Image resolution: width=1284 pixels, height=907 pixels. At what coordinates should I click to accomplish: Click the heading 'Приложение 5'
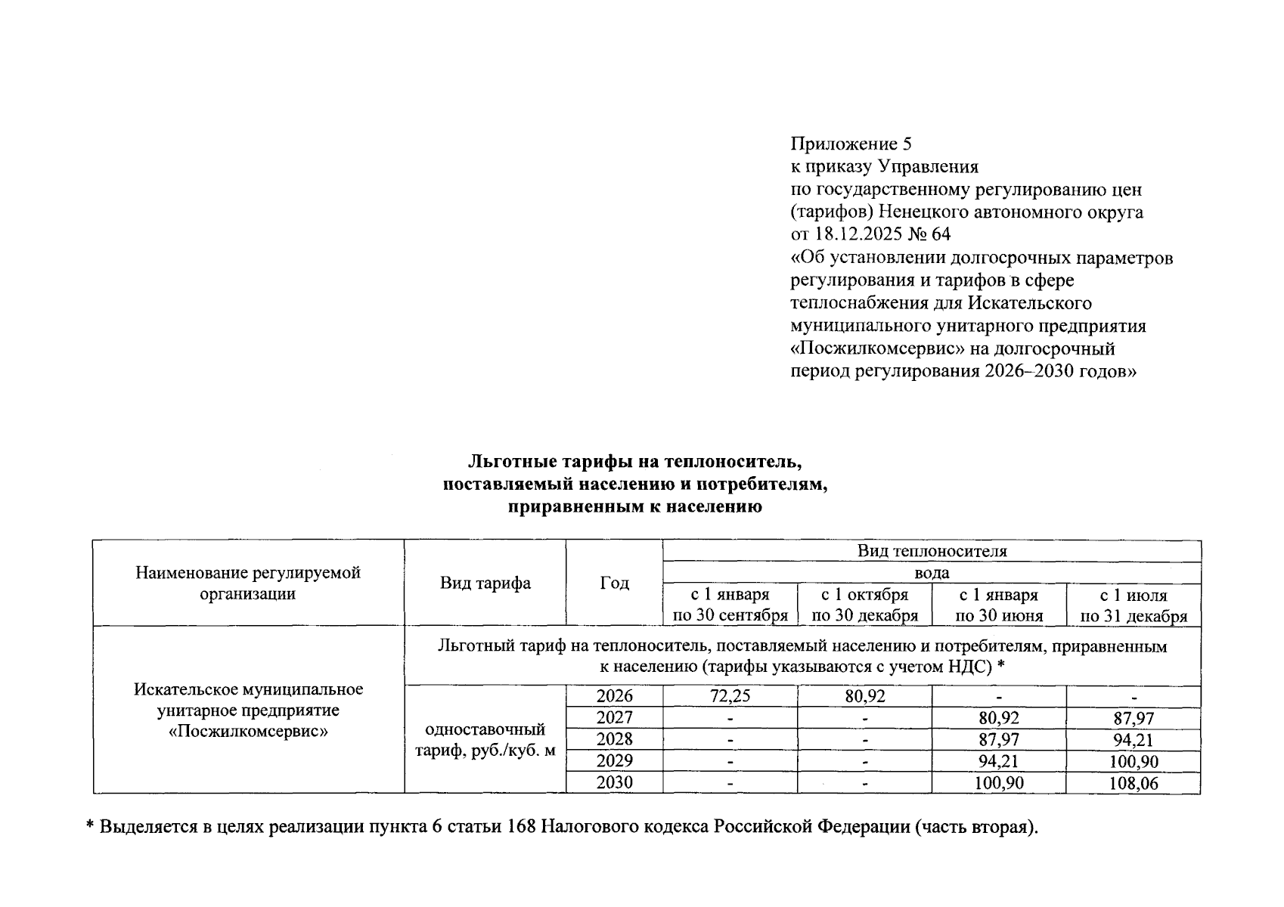851,144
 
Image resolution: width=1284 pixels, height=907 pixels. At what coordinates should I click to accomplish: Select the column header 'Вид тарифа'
485,583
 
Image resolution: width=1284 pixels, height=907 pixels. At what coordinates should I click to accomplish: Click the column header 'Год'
614,583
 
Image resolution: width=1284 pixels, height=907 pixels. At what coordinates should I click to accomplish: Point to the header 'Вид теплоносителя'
932,550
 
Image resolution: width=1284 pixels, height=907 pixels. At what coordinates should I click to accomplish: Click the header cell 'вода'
932,573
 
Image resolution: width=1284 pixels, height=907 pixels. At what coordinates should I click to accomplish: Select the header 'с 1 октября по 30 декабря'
864,605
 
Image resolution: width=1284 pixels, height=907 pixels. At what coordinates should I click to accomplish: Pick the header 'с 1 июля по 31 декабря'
1134,605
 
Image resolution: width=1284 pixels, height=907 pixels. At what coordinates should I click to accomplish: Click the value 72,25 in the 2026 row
730,696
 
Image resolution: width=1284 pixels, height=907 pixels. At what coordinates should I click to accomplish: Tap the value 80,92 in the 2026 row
864,696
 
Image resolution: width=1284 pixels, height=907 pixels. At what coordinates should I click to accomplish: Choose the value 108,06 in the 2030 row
1134,783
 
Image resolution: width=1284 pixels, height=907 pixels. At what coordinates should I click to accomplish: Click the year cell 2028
614,739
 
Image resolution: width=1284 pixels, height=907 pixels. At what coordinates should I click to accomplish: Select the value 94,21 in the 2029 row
999,761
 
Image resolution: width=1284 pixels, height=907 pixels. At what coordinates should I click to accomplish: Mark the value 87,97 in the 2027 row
1134,718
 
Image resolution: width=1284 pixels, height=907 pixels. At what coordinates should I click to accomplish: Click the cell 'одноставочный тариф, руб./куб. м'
485,740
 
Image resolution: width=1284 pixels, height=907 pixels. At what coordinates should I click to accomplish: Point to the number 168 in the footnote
522,827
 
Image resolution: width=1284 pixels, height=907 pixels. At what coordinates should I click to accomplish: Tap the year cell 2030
614,783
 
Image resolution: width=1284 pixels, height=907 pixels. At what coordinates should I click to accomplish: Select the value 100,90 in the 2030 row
999,783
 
